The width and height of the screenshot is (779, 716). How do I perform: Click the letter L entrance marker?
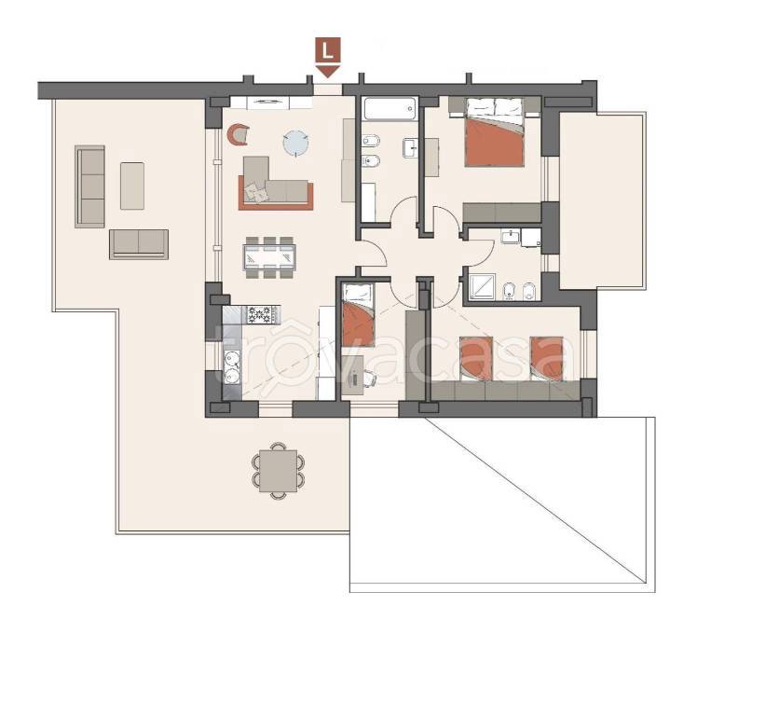328,50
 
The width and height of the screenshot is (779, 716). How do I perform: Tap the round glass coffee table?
296,144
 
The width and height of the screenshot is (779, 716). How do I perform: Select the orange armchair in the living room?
238,134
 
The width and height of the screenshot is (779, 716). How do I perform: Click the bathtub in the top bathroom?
390,109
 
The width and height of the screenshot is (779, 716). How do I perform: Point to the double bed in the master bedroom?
494,131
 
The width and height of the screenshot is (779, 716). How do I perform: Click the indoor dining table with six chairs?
269,257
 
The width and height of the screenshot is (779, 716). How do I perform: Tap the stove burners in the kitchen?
260,315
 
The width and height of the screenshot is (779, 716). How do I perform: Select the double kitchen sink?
231,367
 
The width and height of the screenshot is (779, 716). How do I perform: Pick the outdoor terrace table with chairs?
279,471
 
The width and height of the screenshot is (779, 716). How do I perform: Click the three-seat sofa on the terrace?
90,186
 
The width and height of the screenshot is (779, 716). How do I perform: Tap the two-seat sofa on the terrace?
139,244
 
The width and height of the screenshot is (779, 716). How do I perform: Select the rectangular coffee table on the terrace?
132,186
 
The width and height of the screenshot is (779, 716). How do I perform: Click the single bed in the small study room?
358,315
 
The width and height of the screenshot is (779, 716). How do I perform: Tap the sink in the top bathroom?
410,147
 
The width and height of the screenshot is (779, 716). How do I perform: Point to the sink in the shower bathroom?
510,236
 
